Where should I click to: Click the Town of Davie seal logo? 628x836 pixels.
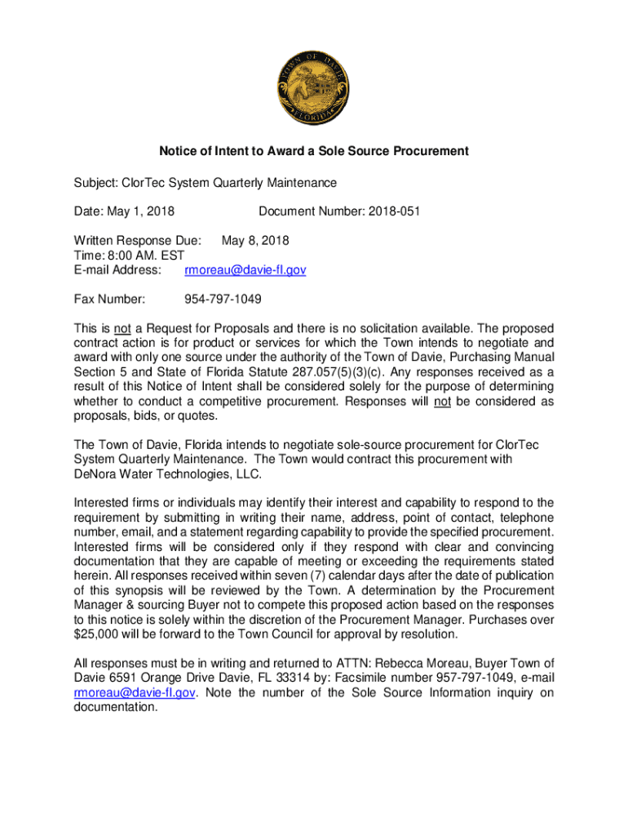tap(314, 86)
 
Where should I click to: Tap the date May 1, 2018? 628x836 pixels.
tap(144, 211)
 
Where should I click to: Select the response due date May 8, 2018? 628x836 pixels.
tap(255, 242)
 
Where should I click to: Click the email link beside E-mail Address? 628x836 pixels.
tap(245, 269)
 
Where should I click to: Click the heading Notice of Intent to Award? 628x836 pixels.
tap(314, 151)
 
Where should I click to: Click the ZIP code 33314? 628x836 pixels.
tap(268, 678)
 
